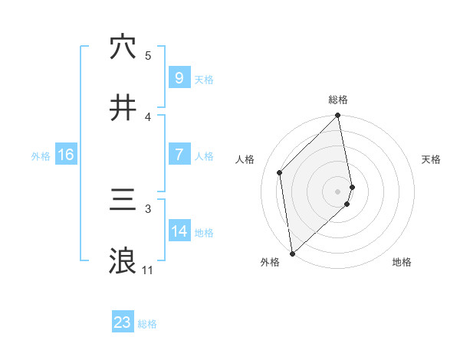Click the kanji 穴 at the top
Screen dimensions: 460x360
123,47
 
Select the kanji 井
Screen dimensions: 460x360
123,108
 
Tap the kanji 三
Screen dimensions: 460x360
123,201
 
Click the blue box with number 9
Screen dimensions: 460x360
179,77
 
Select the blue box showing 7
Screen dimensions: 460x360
179,155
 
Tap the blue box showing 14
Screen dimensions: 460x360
179,231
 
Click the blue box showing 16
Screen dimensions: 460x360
66,155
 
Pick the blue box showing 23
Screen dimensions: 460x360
123,322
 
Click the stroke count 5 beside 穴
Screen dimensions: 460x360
148,55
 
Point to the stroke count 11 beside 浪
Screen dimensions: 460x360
147,270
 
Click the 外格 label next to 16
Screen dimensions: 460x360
41,155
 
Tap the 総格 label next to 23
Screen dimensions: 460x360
147,324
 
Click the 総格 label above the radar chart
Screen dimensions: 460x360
338,100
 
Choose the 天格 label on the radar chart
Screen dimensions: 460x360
432,159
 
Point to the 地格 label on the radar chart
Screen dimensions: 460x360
402,262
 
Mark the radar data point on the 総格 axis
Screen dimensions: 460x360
338,116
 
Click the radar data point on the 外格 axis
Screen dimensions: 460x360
292,253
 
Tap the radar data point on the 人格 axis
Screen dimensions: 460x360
280,172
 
